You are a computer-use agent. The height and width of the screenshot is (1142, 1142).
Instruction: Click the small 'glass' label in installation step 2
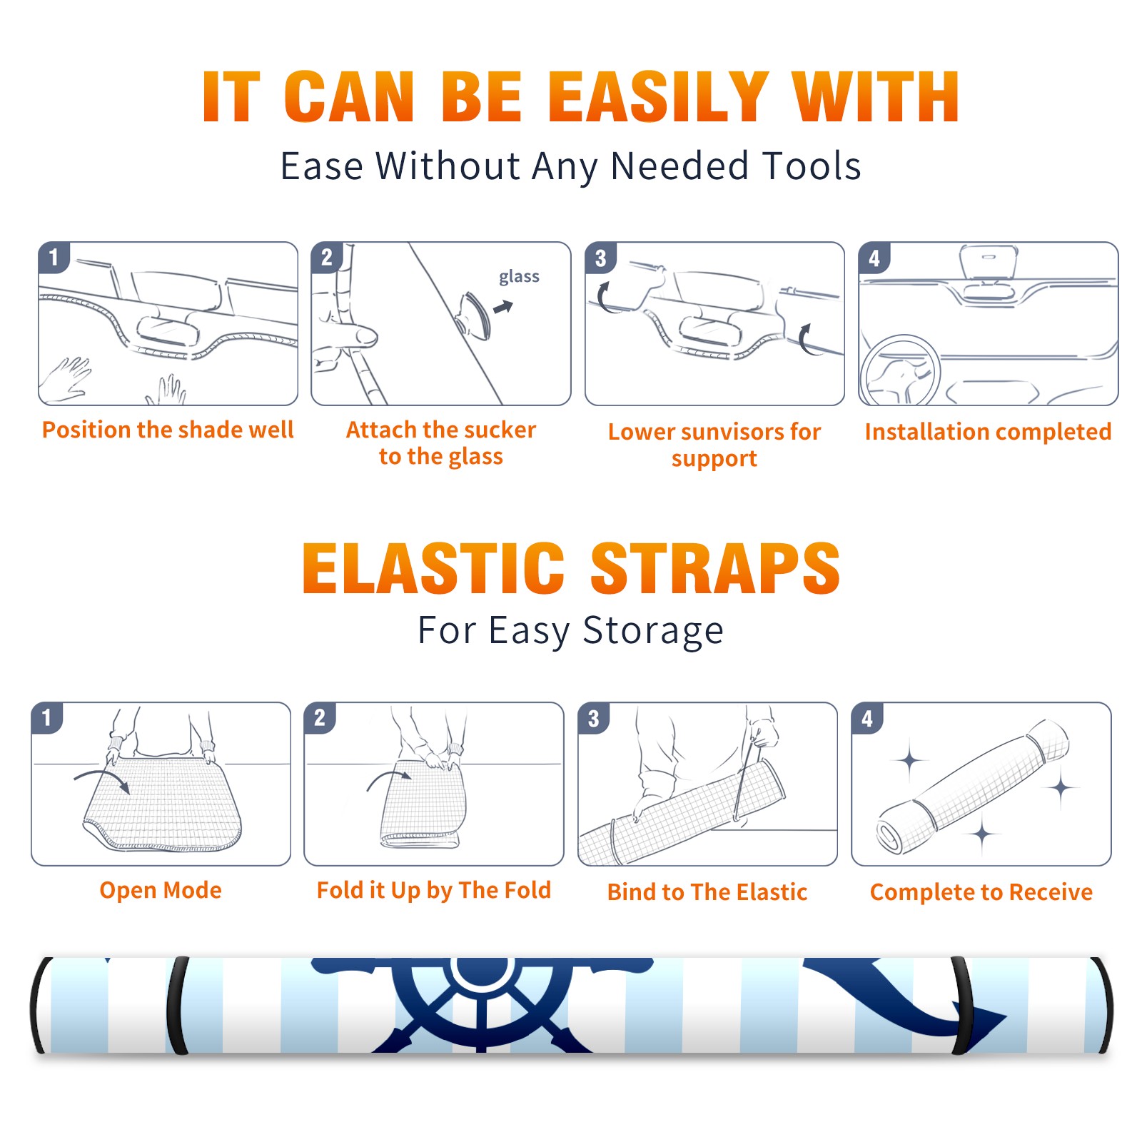519,277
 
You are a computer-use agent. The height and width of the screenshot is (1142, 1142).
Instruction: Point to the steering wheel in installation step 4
900,370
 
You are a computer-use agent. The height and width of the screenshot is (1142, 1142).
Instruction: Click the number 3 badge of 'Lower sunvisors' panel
600,258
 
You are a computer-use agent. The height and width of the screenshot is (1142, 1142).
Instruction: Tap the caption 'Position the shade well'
168,430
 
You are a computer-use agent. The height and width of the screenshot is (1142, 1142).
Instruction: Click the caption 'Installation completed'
988,431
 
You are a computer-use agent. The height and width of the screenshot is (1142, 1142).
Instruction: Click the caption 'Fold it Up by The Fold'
434,890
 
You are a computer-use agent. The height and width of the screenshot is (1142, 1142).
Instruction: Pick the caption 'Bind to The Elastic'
707,892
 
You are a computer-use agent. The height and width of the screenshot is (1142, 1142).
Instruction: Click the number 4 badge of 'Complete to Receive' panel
867,718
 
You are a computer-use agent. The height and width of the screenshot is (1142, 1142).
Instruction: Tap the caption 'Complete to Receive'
981,892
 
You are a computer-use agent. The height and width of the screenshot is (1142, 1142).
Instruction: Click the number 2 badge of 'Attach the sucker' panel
327,258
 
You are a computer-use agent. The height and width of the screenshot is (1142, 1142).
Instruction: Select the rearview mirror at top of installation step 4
989,263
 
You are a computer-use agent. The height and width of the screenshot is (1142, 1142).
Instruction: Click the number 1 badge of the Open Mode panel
47,718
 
